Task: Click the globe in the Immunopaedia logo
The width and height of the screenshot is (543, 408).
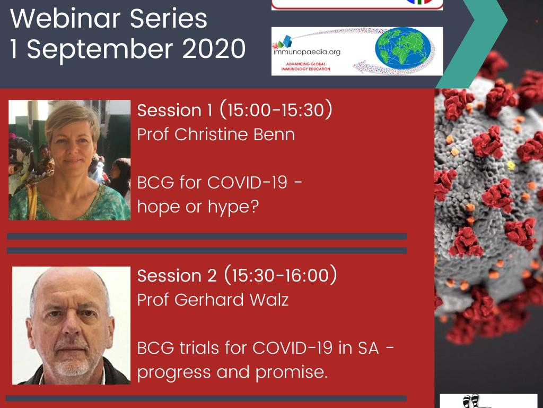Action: [403, 48]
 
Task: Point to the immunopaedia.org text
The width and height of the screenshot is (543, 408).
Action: [307, 52]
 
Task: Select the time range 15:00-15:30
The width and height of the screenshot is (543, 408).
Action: [276, 109]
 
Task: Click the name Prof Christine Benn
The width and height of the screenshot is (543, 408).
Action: [216, 134]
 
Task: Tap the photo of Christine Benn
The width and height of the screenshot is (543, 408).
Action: [69, 160]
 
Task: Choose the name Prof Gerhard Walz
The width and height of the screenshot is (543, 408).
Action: [213, 300]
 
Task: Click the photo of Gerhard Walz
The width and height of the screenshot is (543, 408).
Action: [72, 326]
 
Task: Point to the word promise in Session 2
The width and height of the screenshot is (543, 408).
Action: [291, 373]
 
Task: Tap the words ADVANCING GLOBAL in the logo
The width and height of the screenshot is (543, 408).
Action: [306, 64]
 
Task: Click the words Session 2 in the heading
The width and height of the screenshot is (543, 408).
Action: [177, 276]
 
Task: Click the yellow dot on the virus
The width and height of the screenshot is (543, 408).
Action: [511, 166]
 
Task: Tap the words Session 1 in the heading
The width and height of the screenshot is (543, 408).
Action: [174, 110]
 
